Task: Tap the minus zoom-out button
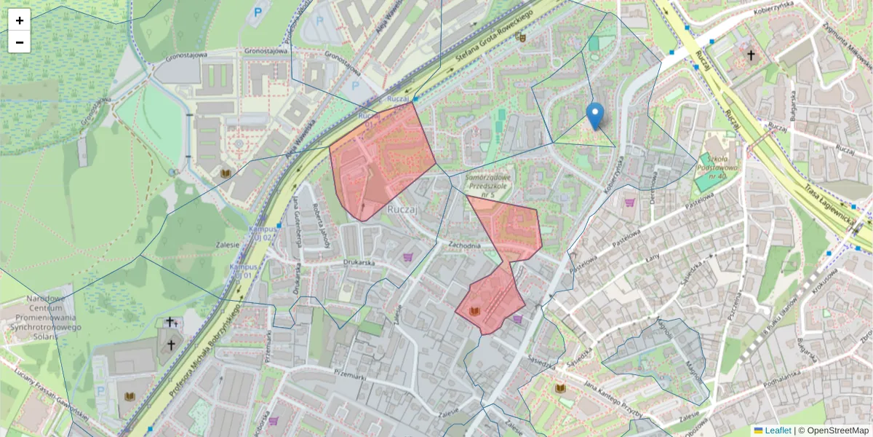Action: pos(19,42)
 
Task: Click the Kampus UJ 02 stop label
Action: pos(261,232)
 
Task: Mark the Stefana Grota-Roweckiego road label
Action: pos(494,36)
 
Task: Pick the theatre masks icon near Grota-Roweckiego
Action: pos(521,38)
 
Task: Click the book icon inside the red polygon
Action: pos(475,312)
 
